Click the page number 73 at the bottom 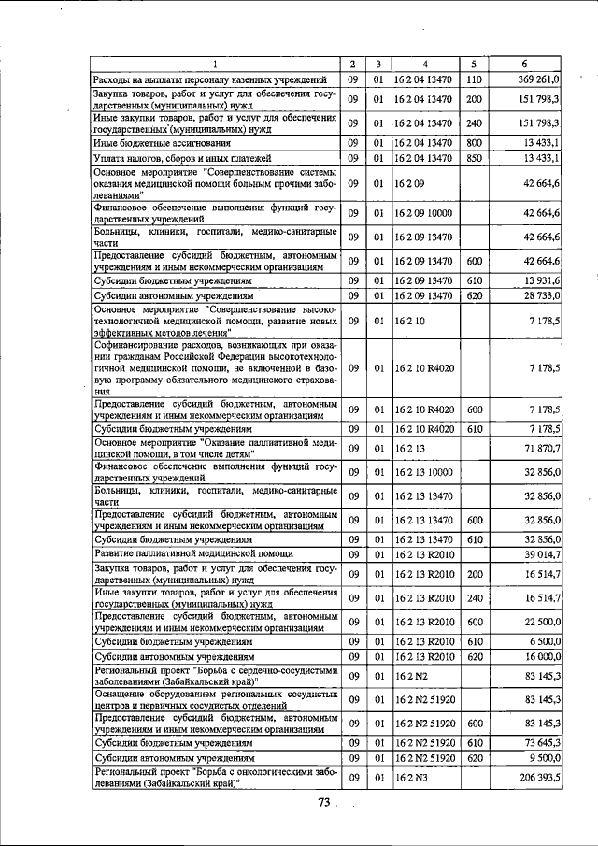[324, 801]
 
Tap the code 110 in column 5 [473, 79]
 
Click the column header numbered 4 [424, 64]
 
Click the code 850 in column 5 [473, 158]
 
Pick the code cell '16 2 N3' [407, 778]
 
